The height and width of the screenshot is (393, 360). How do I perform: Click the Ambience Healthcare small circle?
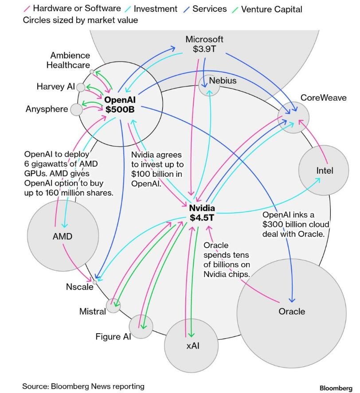coord(92,71)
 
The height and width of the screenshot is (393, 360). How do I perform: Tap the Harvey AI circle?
coord(81,87)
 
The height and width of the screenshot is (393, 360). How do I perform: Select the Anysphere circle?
coord(76,109)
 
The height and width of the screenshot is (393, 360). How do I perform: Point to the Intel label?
coord(325,171)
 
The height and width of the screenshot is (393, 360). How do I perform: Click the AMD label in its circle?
coord(62,237)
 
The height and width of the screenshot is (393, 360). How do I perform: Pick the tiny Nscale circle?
coord(94,282)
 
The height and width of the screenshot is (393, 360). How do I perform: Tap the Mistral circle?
coord(114,305)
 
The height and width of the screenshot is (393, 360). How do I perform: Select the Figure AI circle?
coord(141,326)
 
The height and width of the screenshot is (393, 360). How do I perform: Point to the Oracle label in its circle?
coord(292,311)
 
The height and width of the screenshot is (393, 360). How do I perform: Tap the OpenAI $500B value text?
coord(120,109)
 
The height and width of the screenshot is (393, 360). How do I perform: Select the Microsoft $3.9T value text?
coord(204,49)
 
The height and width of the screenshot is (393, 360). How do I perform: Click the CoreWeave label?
coord(323,97)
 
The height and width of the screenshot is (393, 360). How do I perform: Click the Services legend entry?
coord(210,9)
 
